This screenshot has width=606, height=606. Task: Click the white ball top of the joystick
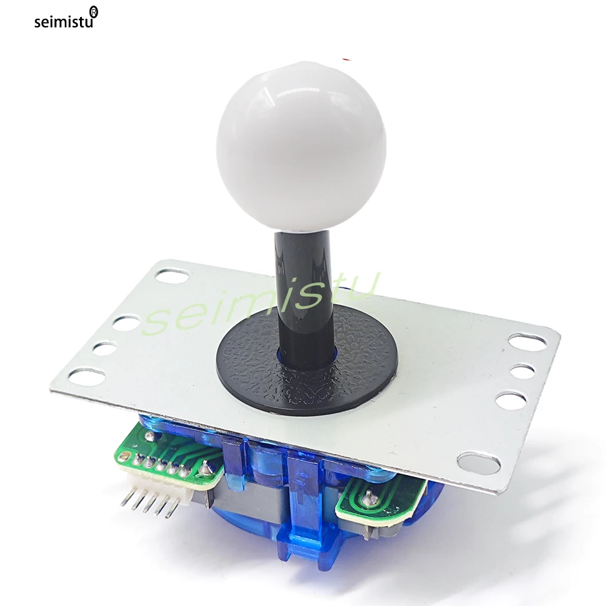coord(301,147)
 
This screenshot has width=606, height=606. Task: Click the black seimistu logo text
coord(64,21)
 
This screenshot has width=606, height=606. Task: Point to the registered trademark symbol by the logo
coord(93,12)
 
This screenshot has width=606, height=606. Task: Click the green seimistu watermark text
coord(260,304)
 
